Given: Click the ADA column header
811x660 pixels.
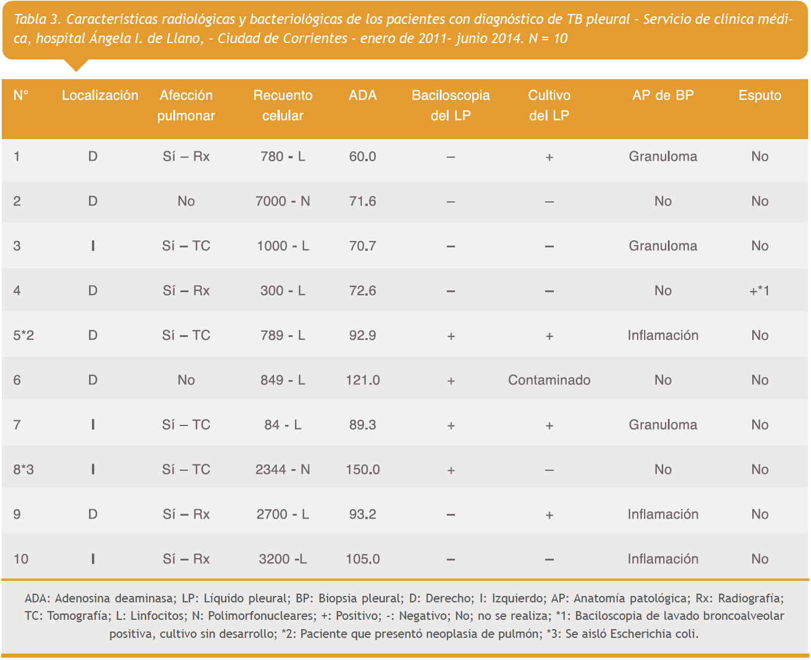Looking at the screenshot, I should pos(362,95).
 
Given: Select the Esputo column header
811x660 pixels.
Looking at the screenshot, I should pos(760,95).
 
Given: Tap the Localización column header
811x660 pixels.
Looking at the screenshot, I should pos(100,95).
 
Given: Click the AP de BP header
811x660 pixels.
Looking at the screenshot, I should pos(663,95).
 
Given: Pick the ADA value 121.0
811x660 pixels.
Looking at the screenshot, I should pos(362,380).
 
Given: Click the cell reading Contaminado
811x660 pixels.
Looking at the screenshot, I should pos(549,380).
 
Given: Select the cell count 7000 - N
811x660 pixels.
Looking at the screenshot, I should pos(283,201).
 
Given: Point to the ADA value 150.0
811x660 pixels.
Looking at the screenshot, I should pos(362,470).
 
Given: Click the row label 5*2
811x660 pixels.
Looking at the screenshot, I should pos(24,335).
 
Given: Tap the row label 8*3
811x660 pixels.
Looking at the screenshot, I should pos(24,470).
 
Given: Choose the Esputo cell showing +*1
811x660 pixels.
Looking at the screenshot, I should pos(760,291).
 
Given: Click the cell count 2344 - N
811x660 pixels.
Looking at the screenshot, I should pos(283,470).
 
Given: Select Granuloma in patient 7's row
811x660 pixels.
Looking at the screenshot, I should pos(663,425).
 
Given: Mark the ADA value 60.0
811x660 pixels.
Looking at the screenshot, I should pos(362,157).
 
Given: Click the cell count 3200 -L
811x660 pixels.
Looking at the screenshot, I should pos(283,559).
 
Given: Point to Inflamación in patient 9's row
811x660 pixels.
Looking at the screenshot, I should pos(663,514).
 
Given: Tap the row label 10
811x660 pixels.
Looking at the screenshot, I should pos(21,559).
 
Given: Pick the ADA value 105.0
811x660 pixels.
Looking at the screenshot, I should pos(362,559).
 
